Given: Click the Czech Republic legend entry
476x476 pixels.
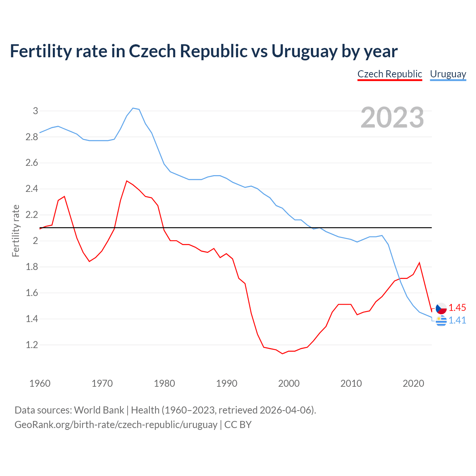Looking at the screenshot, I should pos(389,74).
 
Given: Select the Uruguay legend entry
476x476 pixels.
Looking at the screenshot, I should pos(448,74).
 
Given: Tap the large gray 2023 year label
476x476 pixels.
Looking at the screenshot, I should pos(392,118).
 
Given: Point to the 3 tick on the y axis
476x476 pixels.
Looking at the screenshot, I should pos(36,111).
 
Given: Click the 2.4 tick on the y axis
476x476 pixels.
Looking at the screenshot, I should pos(32,189).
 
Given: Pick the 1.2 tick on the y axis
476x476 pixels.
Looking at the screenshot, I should pos(32,345).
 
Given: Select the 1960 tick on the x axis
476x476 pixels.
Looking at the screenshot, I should pos(40,383).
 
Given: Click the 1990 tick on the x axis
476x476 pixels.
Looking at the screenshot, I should pos(226,383).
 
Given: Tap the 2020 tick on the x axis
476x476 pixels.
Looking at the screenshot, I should pos(413,383).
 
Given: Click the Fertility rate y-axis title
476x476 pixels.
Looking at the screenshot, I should pos(16,231).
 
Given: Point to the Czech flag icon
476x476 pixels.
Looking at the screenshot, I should pos(441,308).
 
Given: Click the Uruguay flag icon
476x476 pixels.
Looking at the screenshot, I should pos(441,320).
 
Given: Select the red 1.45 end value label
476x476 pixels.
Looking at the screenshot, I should pos(457,308).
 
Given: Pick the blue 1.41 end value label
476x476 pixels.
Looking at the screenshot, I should pos(457,320).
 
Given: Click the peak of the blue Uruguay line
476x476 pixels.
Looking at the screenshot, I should pos(133,108).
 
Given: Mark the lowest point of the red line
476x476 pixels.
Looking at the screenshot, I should pos(282,354).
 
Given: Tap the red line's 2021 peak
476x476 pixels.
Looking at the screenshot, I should pos(419,263).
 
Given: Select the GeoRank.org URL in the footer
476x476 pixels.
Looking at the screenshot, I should pos(116,425).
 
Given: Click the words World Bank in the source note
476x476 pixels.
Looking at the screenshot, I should pos(99,410).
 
